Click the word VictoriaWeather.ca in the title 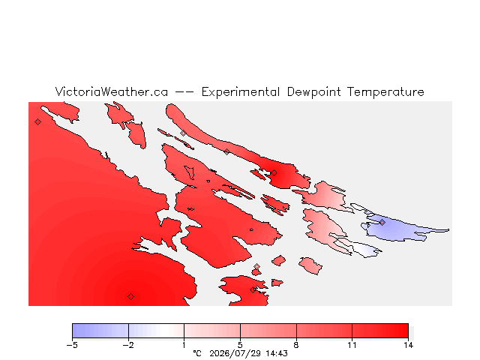tap(112, 91)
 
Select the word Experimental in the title tap(241, 92)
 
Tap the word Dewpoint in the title tap(313, 92)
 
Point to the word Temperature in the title tap(385, 92)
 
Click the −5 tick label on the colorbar tap(72, 345)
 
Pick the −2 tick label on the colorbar tap(128, 345)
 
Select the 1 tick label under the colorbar tap(184, 345)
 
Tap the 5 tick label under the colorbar tap(240, 345)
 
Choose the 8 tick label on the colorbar tap(296, 345)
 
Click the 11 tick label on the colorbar tap(352, 345)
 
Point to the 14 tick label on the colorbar tap(408, 345)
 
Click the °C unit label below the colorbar tap(197, 353)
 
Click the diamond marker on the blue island tap(382, 222)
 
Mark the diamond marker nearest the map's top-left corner tap(37, 121)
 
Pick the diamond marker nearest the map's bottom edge tap(130, 296)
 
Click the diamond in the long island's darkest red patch tap(274, 173)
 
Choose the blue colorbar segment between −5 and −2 tap(100, 331)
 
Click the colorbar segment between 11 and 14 tap(380, 331)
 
